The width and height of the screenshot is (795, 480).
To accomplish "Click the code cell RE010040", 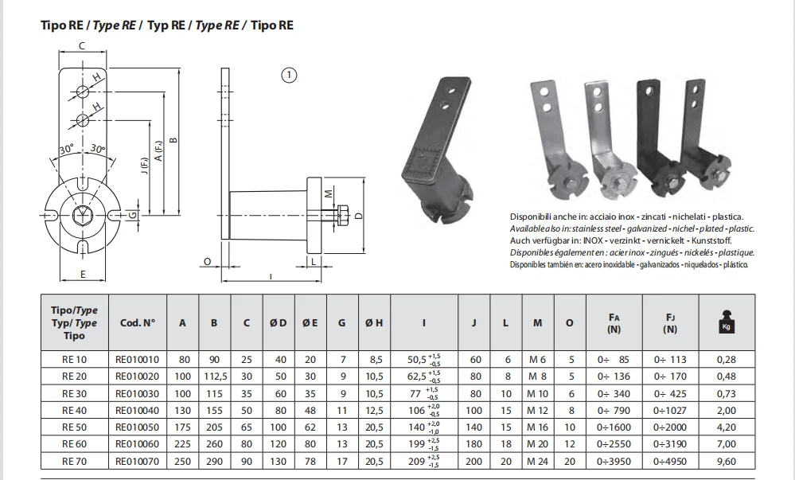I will pos(137,410).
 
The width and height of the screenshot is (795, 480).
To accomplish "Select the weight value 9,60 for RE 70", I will pos(726,459).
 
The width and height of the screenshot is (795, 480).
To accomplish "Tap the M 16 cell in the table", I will pos(538,427).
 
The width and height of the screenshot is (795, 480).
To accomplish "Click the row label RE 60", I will pos(73,443).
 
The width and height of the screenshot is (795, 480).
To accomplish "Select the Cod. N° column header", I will pos(137,323).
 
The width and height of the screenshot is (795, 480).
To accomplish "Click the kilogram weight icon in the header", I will pos(726,322).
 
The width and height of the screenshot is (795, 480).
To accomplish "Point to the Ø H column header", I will pos(372,323).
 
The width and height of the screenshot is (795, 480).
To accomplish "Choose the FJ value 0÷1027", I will pos(670,410).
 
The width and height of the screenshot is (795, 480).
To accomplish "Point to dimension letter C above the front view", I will pos(82,46).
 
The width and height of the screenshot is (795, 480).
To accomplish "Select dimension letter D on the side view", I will pos(359,215).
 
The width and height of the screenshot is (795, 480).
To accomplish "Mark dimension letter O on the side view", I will pos(207,260).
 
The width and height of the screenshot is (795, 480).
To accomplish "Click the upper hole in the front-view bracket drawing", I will pos(82,88).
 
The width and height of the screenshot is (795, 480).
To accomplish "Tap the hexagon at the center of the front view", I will pos(82,214).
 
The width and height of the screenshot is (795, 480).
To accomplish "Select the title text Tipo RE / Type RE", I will pos(167,25).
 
